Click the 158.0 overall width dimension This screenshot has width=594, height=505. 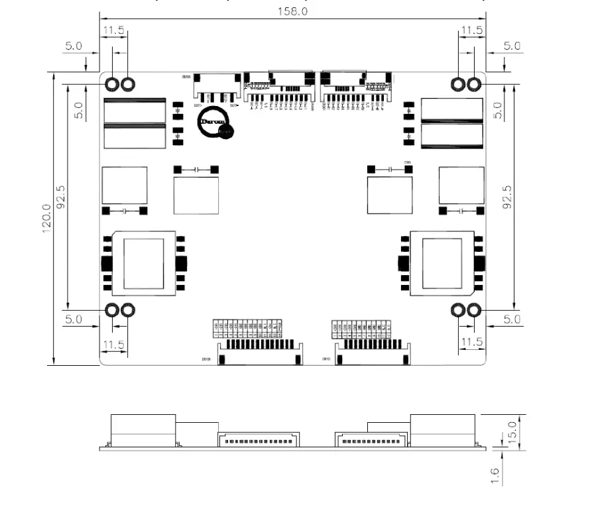pyautogui.click(x=292, y=12)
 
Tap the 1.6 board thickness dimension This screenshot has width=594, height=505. pyautogui.click(x=495, y=475)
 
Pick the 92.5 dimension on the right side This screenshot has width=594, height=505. pyautogui.click(x=508, y=197)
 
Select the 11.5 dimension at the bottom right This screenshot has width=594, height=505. pyautogui.click(x=471, y=342)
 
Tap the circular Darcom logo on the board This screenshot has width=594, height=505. pyautogui.click(x=215, y=123)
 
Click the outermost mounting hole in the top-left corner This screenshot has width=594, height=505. pyautogui.click(x=112, y=84)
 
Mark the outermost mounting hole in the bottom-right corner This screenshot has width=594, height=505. pyautogui.click(x=474, y=309)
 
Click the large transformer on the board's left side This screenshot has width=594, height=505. pyautogui.click(x=144, y=263)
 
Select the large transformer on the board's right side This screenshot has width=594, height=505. pyautogui.click(x=442, y=263)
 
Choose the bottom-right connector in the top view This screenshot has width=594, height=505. pyautogui.click(x=373, y=351)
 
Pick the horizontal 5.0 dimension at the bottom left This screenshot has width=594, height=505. pyautogui.click(x=73, y=319)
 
